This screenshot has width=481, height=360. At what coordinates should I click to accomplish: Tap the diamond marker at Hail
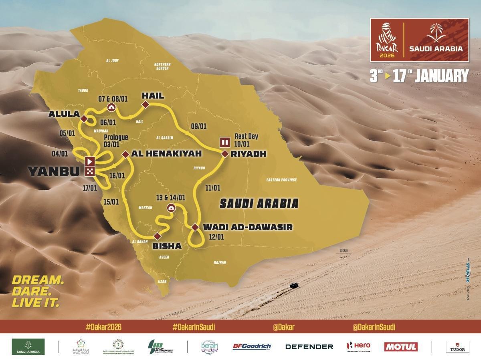tap(146, 105)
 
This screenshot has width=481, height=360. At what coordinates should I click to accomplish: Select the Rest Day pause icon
tap(224, 142)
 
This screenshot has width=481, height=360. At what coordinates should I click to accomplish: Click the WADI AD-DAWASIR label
tap(248, 227)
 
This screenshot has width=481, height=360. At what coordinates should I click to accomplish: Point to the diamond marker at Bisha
tap(157, 235)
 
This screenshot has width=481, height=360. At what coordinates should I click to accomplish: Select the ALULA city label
tap(63, 114)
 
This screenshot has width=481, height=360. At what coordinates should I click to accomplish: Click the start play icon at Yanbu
tap(90, 161)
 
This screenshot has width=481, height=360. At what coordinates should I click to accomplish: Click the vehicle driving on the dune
tap(294, 286)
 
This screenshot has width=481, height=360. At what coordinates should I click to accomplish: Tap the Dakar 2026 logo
tap(385, 40)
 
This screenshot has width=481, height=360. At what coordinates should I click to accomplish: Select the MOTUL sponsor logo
tap(400, 346)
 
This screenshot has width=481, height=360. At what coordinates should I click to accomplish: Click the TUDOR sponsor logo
tap(457, 346)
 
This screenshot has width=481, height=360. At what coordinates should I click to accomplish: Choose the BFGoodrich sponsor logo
tap(252, 346)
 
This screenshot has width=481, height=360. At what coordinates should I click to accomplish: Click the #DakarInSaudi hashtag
tap(194, 327)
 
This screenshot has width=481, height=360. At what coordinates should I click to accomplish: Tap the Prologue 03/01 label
tap(116, 141)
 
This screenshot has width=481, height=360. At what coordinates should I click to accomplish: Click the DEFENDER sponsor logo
tap(309, 346)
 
